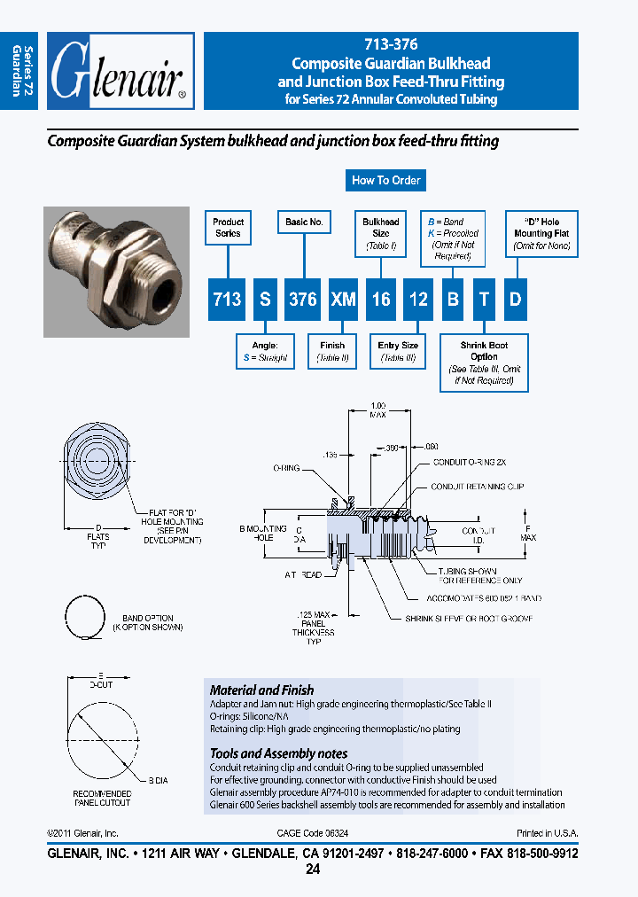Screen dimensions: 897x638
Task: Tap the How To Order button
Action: click(385, 180)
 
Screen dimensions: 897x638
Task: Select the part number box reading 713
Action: click(228, 300)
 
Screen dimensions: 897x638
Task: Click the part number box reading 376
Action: click(304, 300)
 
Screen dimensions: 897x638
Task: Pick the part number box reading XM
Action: click(343, 300)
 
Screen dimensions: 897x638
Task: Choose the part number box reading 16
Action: click(381, 300)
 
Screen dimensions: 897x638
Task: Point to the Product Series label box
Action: click(228, 228)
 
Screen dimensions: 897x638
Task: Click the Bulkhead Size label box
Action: click(381, 233)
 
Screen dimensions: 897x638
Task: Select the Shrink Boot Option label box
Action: click(485, 362)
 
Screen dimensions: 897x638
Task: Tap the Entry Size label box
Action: click(398, 351)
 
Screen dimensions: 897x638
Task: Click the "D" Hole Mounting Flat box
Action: click(541, 233)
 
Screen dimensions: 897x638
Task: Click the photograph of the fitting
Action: click(117, 272)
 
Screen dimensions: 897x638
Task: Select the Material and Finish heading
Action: click(261, 690)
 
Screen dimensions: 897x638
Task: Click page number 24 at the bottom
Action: click(312, 870)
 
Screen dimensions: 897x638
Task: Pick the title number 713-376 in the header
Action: click(391, 44)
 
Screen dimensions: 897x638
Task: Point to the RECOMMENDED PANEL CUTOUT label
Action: click(102, 798)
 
